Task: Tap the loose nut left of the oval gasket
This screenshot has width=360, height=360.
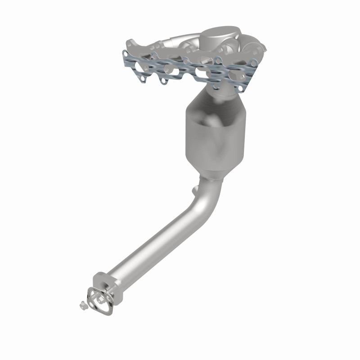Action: pos(83,305)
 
